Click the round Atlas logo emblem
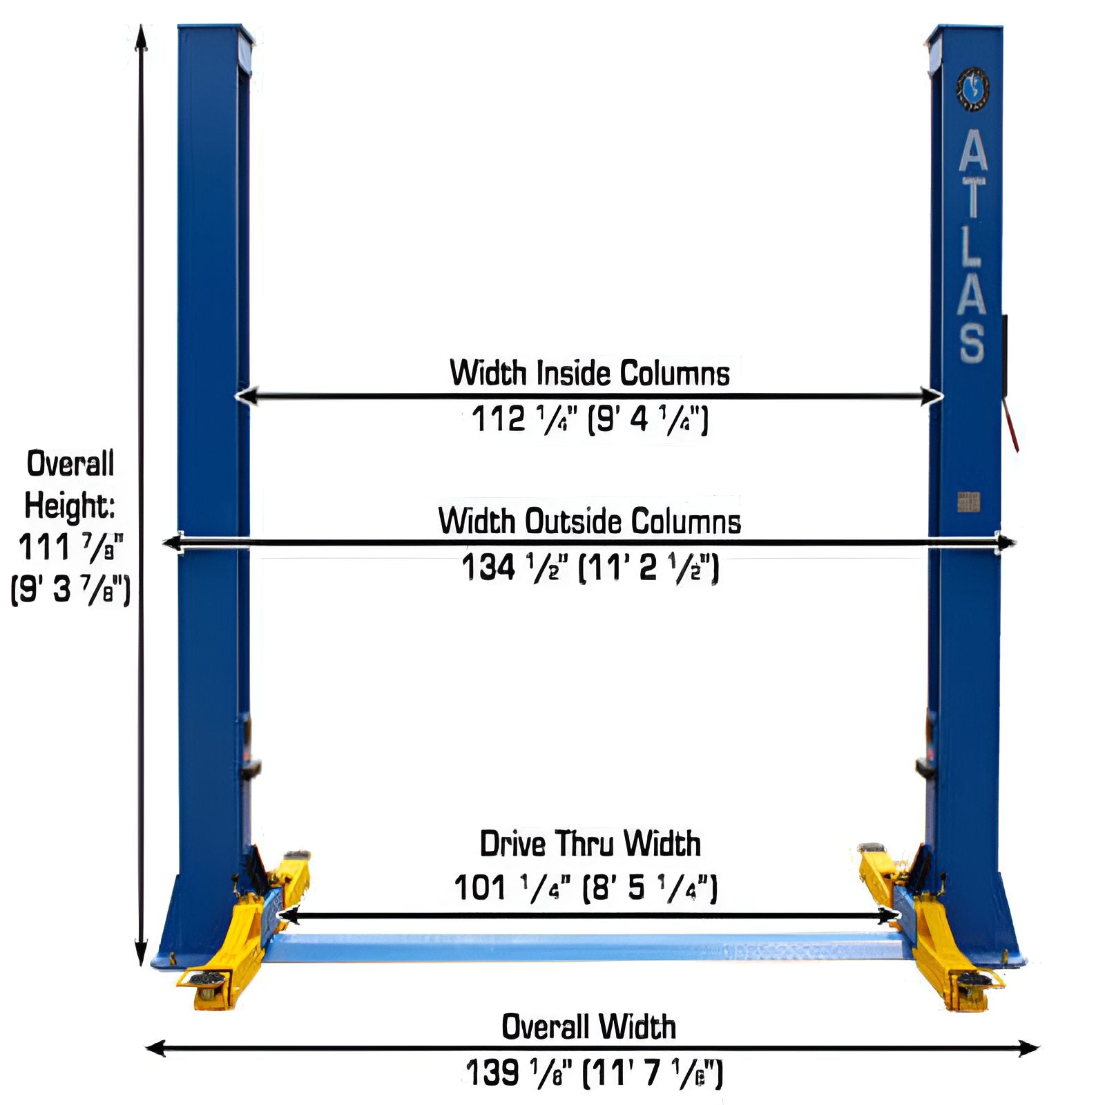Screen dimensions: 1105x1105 (972, 88)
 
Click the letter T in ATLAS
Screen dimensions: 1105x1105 (972, 197)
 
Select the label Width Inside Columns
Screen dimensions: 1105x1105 (590, 373)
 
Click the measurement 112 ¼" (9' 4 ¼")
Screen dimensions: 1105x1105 (590, 419)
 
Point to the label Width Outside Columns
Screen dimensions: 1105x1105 (590, 521)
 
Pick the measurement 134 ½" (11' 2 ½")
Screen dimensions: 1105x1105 (590, 568)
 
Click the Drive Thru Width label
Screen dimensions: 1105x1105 (590, 844)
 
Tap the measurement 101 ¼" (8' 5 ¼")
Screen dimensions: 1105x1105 (586, 887)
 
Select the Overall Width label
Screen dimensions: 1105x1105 (588, 1027)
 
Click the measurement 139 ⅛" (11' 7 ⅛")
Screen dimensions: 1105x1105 (594, 1073)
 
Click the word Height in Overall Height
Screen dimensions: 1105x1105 (69, 506)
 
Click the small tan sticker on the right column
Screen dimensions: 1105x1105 (968, 502)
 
